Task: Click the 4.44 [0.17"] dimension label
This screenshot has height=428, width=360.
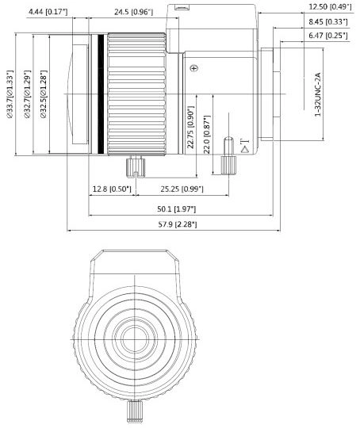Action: click(48, 12)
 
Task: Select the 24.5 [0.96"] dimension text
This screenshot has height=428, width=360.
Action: click(133, 12)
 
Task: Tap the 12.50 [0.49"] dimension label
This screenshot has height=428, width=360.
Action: click(330, 6)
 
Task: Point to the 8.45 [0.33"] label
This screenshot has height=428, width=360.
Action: click(328, 21)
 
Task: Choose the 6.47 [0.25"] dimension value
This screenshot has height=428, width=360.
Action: click(328, 36)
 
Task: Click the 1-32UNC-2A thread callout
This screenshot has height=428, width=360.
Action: click(317, 94)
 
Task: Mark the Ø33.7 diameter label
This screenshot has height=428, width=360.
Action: click(10, 94)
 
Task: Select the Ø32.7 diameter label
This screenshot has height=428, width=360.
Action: click(28, 94)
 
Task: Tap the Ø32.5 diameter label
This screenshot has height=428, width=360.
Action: click(44, 94)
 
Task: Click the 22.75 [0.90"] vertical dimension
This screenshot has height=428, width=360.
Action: click(190, 127)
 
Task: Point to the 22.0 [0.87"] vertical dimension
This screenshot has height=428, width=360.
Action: click(206, 134)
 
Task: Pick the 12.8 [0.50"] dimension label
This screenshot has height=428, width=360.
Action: click(112, 189)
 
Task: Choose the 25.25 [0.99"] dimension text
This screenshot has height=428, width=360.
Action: click(182, 189)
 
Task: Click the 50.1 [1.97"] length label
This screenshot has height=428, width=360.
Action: click(177, 209)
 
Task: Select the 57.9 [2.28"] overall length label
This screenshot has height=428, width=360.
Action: click(178, 224)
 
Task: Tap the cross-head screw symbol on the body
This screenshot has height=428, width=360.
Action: click(194, 68)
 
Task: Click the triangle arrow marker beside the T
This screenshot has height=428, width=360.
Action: click(245, 149)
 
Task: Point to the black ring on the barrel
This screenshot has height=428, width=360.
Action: click(101, 94)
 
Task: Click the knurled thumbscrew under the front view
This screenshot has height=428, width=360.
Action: click(135, 411)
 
